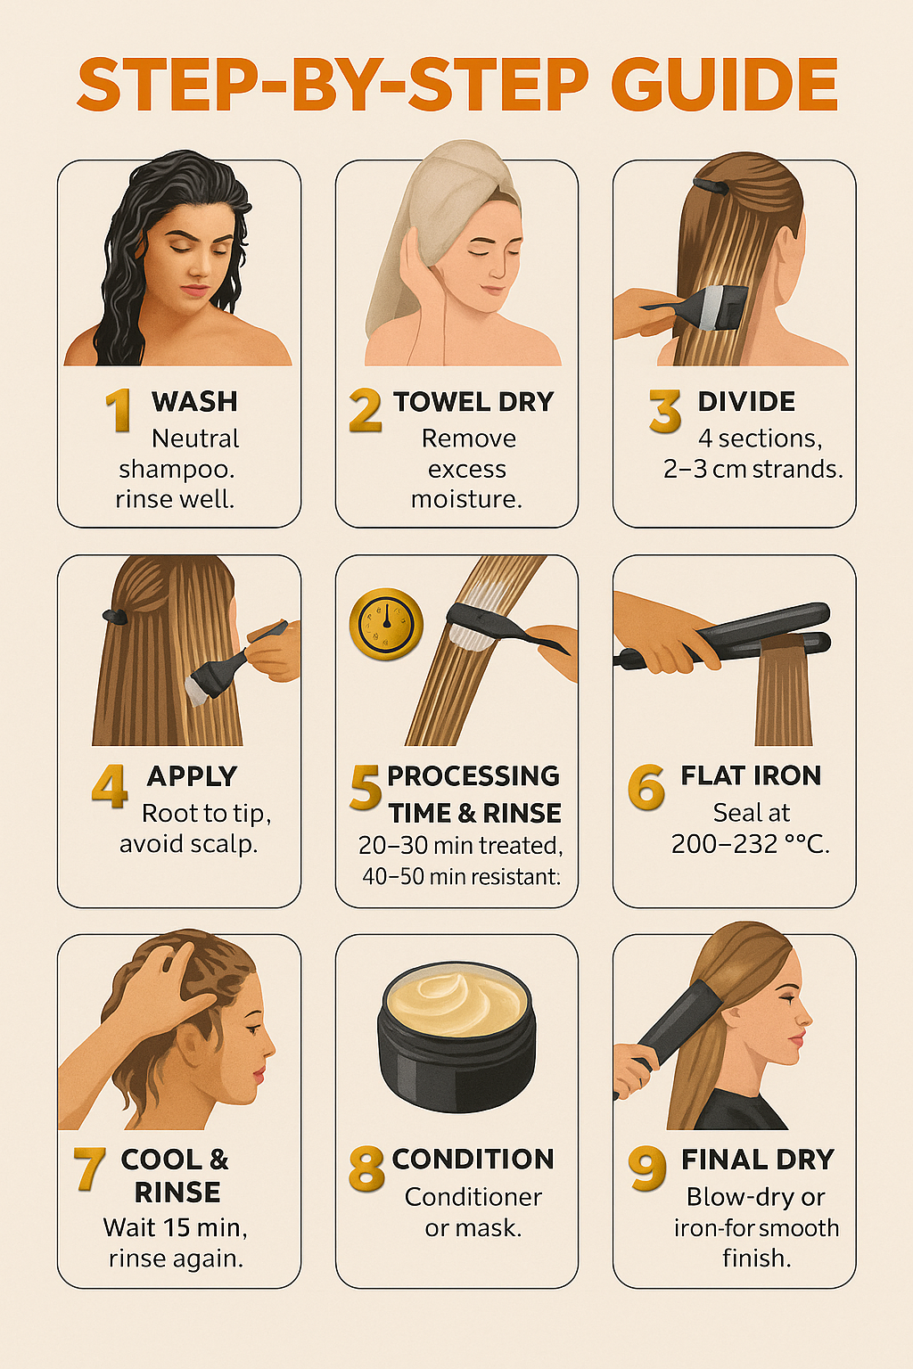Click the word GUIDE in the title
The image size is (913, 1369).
[725, 85]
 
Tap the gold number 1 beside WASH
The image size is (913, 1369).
[118, 410]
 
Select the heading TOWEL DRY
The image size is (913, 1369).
[473, 402]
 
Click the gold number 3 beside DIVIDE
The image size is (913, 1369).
[665, 411]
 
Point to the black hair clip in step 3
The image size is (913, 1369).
[711, 185]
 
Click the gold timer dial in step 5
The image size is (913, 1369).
[386, 624]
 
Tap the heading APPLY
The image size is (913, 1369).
[192, 776]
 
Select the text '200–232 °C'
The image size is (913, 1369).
[750, 844]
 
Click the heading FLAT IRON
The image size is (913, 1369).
[751, 775]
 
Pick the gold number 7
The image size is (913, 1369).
[89, 1168]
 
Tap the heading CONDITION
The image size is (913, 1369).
[473, 1159]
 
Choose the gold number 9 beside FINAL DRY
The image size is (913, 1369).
[647, 1168]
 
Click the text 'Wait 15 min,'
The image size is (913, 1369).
[175, 1228]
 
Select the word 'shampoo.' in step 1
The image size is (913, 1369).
[177, 470]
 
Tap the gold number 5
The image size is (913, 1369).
[366, 787]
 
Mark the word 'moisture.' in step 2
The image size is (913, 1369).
[466, 499]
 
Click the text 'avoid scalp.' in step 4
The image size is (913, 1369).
[188, 844]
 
